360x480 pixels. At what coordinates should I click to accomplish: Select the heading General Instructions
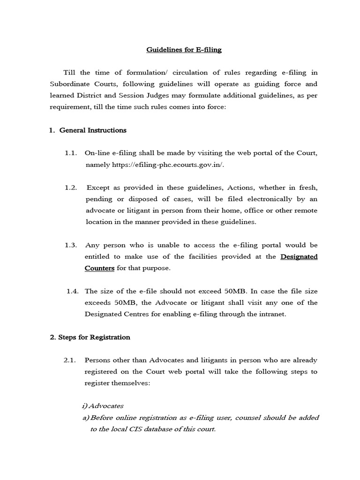pyautogui.click(x=93, y=130)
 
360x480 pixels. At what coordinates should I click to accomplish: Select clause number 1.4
pyautogui.click(x=72, y=291)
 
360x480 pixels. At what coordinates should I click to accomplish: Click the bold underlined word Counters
pyautogui.click(x=99, y=268)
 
